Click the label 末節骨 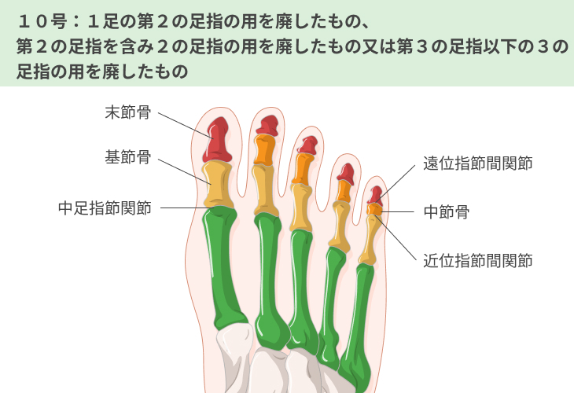point(128,112)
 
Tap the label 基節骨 point(128,157)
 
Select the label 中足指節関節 point(105,208)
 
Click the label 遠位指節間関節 point(478,163)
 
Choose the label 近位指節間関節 point(478,260)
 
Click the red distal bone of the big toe point(218,139)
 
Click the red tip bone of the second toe point(268,126)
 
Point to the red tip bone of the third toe point(307,145)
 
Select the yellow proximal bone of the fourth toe point(338,224)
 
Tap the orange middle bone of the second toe point(266,150)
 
